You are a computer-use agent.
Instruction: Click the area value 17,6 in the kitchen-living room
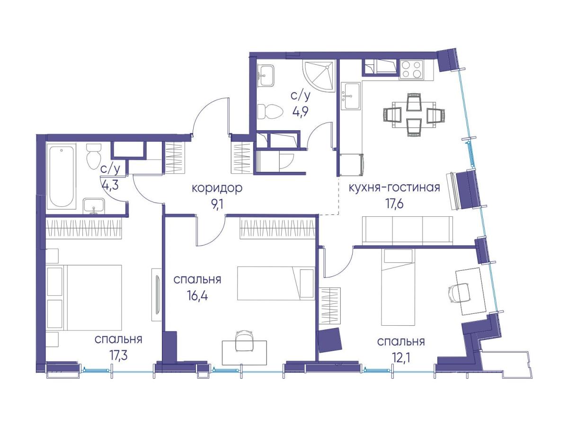(x=394, y=204)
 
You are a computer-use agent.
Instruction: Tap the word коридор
(x=217, y=188)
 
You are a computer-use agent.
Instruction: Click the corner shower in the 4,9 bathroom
(x=319, y=76)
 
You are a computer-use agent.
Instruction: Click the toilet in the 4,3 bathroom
(x=94, y=156)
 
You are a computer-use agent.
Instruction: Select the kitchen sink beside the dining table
(x=351, y=96)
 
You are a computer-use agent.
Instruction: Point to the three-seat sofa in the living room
(x=408, y=231)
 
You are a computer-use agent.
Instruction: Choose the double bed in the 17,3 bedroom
(x=84, y=297)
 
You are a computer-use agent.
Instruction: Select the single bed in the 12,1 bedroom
(x=398, y=287)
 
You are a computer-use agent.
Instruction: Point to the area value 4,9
(x=301, y=113)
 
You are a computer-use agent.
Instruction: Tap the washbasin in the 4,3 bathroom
(x=94, y=206)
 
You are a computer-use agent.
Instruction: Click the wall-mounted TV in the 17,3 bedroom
(x=157, y=295)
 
